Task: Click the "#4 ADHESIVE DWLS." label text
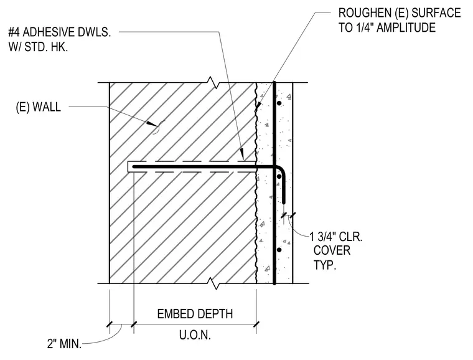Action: coord(59,32)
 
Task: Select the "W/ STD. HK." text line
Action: coord(38,47)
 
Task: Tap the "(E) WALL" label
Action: coord(39,107)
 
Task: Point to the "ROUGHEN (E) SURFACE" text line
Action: coord(400,13)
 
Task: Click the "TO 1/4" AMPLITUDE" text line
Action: coord(386,27)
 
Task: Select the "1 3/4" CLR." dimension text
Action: coord(336,237)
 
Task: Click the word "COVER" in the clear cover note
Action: coord(332,250)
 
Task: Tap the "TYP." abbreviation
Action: coord(325,265)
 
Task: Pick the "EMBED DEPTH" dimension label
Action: coord(195,314)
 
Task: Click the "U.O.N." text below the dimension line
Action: coord(195,335)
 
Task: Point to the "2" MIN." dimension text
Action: coord(64,344)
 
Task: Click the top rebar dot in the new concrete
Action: coord(279,103)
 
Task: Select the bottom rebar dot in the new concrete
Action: coord(279,250)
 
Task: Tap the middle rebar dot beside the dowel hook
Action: coord(279,176)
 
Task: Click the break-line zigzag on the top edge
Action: coord(214,82)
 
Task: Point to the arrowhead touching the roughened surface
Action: coord(258,106)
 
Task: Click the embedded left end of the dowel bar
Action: coord(134,166)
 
